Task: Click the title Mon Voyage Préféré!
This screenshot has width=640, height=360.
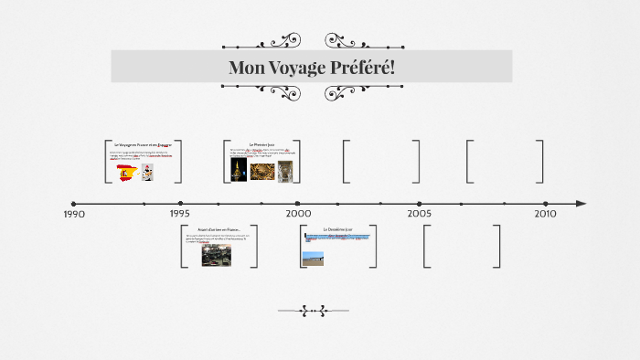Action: [311, 68]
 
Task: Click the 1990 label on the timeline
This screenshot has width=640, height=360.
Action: [74, 214]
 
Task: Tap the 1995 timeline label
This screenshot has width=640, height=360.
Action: [180, 213]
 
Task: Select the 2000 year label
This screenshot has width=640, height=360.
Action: [298, 213]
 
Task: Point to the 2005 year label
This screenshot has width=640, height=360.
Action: [420, 213]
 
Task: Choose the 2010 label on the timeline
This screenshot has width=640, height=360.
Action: [545, 213]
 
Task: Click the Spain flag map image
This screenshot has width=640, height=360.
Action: [126, 172]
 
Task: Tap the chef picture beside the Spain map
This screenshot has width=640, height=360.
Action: [146, 171]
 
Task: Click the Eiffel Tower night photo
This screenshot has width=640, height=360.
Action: [238, 171]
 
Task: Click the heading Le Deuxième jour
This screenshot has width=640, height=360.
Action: [337, 228]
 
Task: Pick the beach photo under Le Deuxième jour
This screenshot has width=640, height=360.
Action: [313, 259]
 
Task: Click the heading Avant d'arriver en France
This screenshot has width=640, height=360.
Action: [219, 229]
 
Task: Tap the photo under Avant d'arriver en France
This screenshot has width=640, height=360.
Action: [217, 255]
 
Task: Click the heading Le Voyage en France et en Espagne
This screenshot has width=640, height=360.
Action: [143, 144]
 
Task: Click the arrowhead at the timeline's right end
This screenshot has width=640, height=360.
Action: [581, 204]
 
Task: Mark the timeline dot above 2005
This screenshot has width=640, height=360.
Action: [420, 204]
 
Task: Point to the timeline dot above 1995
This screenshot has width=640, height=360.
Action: [180, 204]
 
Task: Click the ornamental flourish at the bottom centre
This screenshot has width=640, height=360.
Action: [313, 311]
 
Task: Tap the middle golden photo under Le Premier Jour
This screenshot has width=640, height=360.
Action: [261, 171]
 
